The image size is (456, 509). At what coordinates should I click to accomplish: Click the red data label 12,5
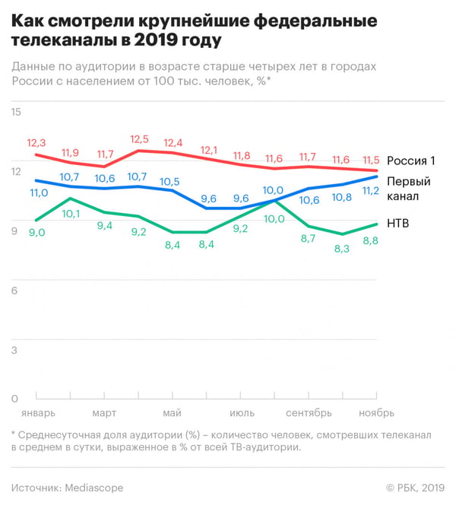pyautogui.click(x=139, y=139)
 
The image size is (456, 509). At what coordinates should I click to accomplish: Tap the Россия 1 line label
pyautogui.click(x=410, y=161)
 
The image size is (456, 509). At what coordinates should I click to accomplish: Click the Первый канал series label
pyautogui.click(x=409, y=189)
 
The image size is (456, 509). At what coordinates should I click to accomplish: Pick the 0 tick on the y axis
pyautogui.click(x=14, y=399)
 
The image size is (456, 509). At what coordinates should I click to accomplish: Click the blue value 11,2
pyautogui.click(x=370, y=191)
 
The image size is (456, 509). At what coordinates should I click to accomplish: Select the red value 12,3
pyautogui.click(x=36, y=143)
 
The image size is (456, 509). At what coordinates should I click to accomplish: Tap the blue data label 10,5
pyautogui.click(x=171, y=182)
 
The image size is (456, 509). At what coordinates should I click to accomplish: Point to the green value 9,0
pyautogui.click(x=36, y=233)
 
